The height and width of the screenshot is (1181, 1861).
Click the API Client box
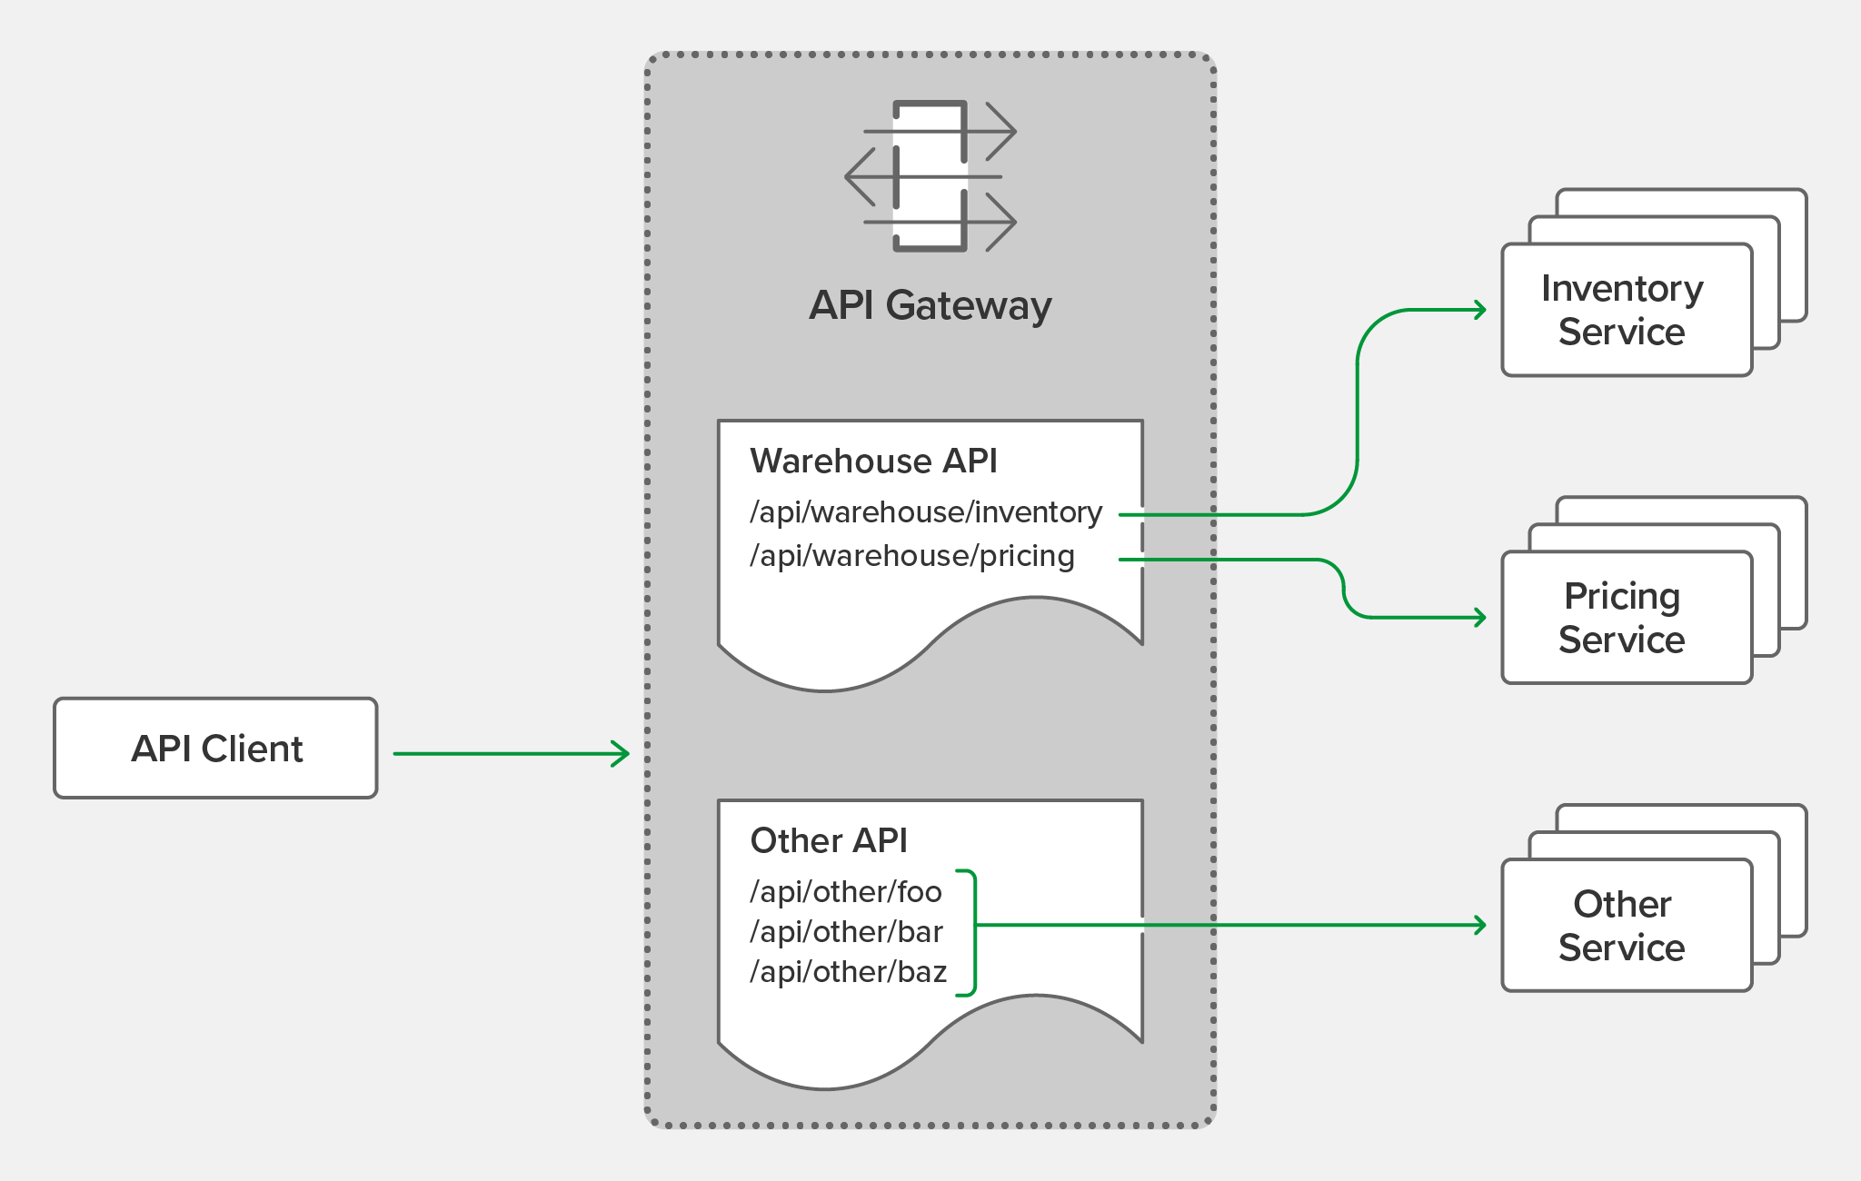click(x=215, y=748)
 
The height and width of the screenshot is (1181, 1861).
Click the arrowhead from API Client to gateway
click(x=622, y=753)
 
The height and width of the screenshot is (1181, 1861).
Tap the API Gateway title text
click(x=930, y=305)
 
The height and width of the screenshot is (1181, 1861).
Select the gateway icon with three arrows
click(x=930, y=176)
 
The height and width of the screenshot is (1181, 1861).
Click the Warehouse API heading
click(x=873, y=461)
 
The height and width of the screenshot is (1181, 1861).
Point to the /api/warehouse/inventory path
click(x=925, y=512)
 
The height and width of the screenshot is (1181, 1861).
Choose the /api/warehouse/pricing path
click(x=911, y=556)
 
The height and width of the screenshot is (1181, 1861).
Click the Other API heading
click(x=829, y=841)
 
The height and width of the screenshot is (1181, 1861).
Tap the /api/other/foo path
click(x=845, y=892)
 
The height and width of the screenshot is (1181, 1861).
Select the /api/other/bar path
click(x=845, y=932)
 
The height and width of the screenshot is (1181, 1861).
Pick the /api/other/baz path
click(x=848, y=972)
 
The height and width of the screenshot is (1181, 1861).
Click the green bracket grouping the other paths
click(x=972, y=933)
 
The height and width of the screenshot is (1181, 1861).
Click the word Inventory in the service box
click(x=1622, y=289)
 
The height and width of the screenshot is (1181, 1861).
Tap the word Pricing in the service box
click(x=1622, y=597)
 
